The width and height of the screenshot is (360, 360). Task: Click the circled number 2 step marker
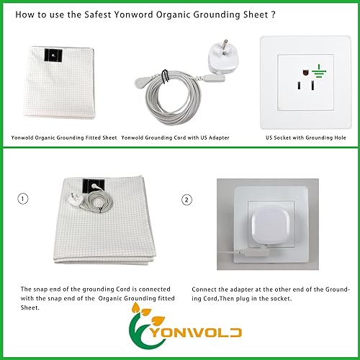coord(188,199)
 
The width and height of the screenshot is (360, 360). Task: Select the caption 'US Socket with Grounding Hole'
coord(306,137)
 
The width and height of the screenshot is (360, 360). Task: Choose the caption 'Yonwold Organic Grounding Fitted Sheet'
coord(63,137)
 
